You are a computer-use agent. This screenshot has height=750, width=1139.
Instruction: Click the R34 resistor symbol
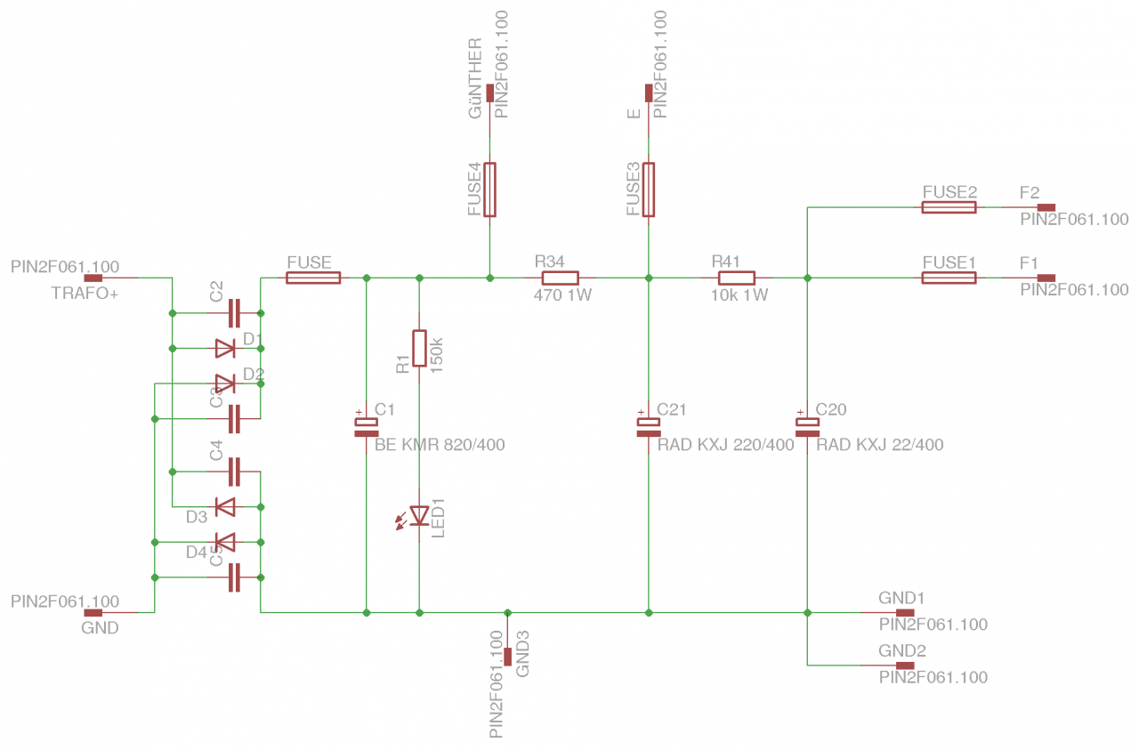560,278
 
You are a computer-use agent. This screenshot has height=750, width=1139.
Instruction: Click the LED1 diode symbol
419,515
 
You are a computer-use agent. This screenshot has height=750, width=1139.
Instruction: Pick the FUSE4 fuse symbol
489,190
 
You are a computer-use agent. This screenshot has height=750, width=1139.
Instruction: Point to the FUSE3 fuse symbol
649,190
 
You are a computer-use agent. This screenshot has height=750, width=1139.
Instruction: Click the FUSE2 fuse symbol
949,207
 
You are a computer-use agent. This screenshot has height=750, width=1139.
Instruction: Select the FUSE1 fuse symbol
949,278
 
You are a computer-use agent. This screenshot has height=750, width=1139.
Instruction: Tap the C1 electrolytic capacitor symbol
366,427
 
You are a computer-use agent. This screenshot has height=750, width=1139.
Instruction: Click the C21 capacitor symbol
649,427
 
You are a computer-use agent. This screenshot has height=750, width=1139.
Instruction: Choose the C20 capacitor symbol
807,427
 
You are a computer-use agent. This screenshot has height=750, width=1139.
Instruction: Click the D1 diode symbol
225,348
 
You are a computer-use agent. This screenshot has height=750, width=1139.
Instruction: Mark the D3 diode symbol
225,507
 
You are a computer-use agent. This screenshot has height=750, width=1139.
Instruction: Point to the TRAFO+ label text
85,294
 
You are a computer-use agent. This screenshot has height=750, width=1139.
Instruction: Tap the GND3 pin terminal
507,656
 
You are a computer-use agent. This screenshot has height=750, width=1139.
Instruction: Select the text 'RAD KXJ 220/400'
725,445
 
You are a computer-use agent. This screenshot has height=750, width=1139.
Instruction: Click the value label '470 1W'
562,295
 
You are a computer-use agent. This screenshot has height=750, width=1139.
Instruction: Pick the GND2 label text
902,650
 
